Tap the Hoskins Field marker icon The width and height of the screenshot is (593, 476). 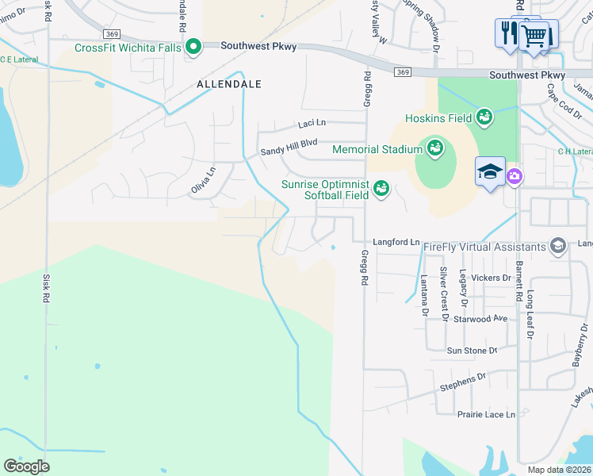(x=484, y=118)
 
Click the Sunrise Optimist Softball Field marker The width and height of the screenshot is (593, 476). (x=381, y=187)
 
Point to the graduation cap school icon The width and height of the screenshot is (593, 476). (x=490, y=171)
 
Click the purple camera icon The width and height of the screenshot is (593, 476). (x=514, y=175)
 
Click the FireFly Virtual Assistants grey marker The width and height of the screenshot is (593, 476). (x=558, y=246)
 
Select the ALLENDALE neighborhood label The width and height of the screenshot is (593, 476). (x=229, y=83)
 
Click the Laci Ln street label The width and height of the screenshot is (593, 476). (x=312, y=123)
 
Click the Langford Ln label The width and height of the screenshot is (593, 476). (x=397, y=241)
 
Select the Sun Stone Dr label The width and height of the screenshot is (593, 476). (x=472, y=350)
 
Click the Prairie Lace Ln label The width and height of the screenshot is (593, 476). (x=486, y=414)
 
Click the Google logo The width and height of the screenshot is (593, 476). (x=27, y=466)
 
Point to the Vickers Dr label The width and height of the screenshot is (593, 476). (x=491, y=278)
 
